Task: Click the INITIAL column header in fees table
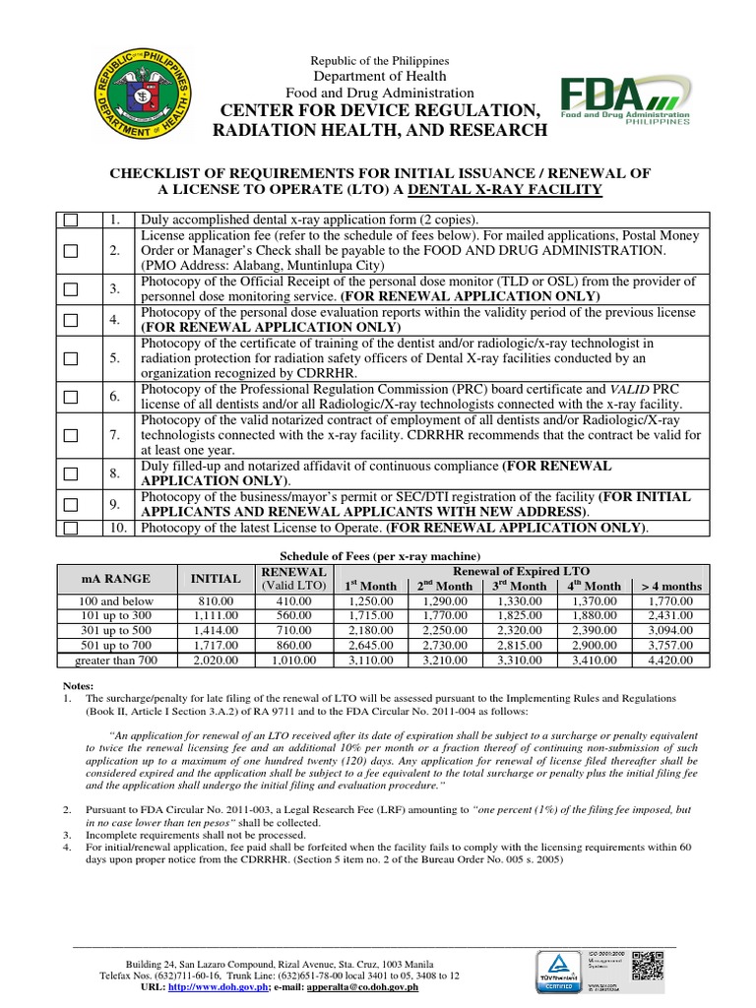tap(213, 579)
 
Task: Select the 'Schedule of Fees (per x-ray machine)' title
tap(378, 553)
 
